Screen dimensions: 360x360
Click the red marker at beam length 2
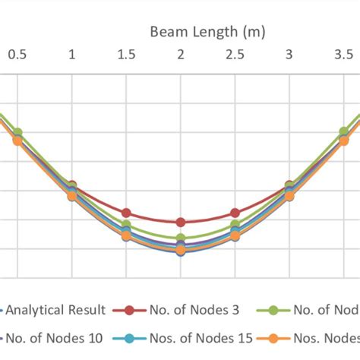tap(181, 222)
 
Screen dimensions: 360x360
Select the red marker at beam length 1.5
tap(126, 213)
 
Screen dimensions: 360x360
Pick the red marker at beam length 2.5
tap(235, 213)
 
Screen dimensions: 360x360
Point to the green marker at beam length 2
tap(181, 238)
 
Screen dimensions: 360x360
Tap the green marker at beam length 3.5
tap(343, 133)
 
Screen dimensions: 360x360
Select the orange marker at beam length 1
tap(72, 196)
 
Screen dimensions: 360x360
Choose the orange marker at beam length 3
tap(289, 196)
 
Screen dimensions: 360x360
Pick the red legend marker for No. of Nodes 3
tap(130, 310)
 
